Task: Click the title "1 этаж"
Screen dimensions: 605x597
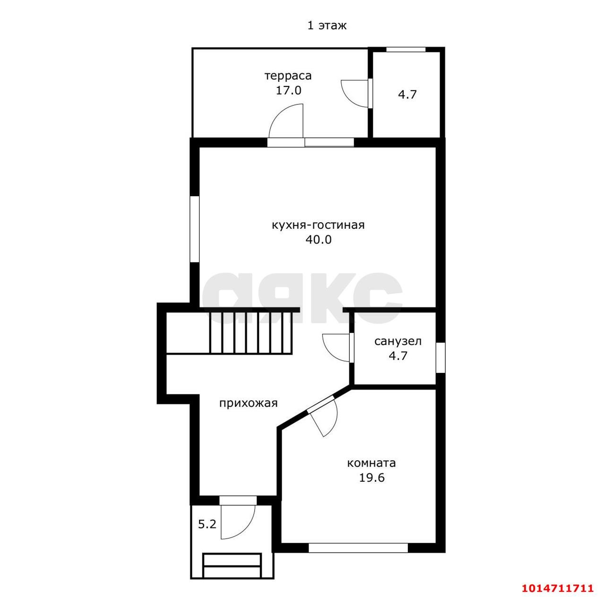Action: coord(327,26)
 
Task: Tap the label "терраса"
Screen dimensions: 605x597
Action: coord(288,76)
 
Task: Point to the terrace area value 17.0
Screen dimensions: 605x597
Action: coord(288,90)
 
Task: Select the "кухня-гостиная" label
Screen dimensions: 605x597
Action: coord(318,225)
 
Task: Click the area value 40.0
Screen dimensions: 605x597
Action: coord(319,240)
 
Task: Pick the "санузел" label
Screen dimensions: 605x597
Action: coord(398,341)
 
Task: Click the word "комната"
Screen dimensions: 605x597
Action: coord(372,463)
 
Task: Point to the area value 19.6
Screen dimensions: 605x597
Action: coord(372,478)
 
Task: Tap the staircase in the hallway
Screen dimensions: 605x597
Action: coord(251,333)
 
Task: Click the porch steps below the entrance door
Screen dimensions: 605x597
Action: coord(232,565)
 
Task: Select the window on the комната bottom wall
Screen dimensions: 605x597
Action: coord(358,548)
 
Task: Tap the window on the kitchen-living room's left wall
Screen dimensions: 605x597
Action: coord(195,230)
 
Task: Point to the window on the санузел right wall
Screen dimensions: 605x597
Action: coord(441,358)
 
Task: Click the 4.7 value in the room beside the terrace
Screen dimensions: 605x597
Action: coord(407,95)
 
